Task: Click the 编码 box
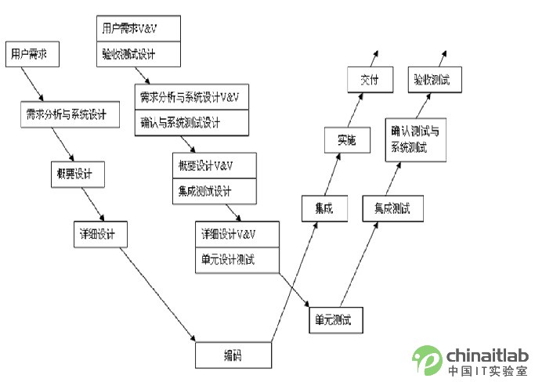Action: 233,355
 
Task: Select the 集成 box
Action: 324,209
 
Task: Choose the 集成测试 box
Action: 392,209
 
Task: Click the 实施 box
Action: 346,140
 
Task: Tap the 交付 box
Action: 370,80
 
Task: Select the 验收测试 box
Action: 436,80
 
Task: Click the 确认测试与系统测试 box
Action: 415,140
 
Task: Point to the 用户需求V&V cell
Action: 139,28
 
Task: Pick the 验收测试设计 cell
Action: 139,55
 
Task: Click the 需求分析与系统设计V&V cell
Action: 191,97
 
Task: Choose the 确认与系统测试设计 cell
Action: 191,123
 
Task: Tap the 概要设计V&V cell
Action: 213,166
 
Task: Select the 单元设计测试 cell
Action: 237,260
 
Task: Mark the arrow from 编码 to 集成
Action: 294,282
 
